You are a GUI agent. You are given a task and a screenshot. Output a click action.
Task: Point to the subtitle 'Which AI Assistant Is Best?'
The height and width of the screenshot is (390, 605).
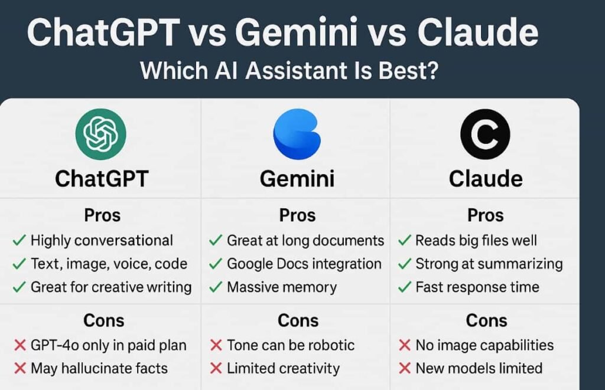pos(289,71)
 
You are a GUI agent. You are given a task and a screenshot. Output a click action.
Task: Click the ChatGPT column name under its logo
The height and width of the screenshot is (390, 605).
pos(100,178)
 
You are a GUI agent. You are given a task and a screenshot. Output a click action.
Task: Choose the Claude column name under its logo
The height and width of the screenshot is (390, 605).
pos(486,178)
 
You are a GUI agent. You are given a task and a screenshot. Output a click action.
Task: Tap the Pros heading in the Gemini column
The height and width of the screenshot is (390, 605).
pos(297,215)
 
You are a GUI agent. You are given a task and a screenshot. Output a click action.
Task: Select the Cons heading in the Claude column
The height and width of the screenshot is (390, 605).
pos(486,320)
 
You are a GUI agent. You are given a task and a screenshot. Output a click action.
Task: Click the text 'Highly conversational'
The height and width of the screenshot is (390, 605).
pos(102,240)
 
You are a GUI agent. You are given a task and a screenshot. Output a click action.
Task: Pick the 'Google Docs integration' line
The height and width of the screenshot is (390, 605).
pos(304,264)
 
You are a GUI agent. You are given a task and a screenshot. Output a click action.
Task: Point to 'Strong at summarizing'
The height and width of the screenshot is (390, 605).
pos(489,264)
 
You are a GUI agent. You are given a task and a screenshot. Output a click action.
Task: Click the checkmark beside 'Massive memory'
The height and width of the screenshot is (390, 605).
pos(216,287)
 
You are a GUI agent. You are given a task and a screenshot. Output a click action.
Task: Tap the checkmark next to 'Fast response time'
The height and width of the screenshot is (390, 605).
pos(405,287)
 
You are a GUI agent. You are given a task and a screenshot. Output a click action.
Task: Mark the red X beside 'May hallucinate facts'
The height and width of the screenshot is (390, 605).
pos(19,369)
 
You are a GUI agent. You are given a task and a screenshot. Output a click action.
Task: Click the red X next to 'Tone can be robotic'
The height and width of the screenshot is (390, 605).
pos(216,345)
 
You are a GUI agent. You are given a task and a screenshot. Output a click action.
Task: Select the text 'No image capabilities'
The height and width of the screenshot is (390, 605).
pos(484,345)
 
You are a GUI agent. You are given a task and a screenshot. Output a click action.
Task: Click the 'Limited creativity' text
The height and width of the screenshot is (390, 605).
pos(283,369)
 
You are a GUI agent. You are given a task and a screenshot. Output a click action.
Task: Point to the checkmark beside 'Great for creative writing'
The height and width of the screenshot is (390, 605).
pos(19,287)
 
